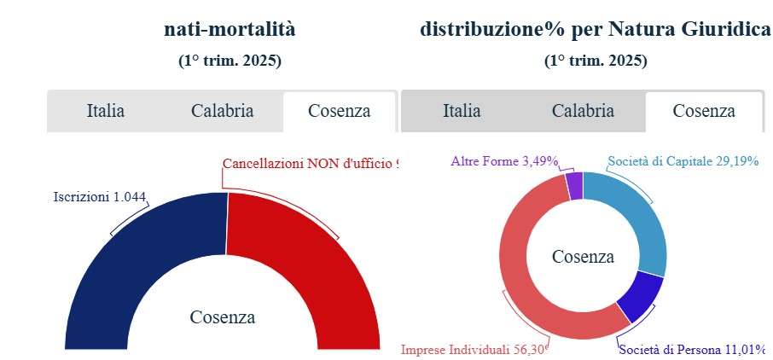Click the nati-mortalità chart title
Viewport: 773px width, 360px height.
pos(230,30)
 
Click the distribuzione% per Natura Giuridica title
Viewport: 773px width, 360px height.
pos(595,30)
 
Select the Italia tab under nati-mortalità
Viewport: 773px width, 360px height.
pos(106,111)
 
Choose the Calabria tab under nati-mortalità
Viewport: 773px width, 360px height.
pos(222,111)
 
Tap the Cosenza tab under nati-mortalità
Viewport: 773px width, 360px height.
pos(339,111)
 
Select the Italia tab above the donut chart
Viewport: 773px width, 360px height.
pos(462,111)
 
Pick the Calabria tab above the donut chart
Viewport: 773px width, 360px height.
pos(583,111)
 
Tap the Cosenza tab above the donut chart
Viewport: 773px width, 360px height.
pos(704,111)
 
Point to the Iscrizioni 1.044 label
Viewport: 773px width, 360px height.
pos(100,197)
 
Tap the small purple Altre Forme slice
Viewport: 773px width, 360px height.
pos(574,186)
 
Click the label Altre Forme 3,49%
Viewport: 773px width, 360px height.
pos(504,160)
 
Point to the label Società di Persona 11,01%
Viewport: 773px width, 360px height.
pos(692,349)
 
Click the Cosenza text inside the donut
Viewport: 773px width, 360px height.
pos(583,257)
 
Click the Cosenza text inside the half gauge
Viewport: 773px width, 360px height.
pos(222,317)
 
